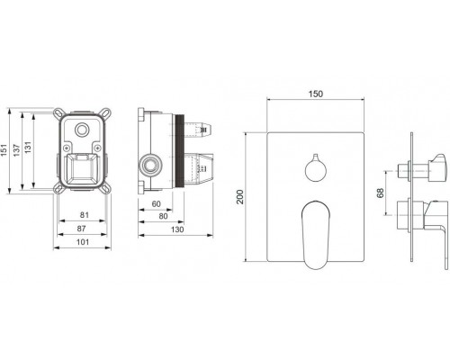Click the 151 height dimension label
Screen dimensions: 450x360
(x=4, y=150)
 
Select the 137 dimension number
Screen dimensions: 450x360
(x=16, y=150)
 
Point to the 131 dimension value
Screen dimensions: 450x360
(x=28, y=148)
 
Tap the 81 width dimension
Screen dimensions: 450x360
(x=85, y=215)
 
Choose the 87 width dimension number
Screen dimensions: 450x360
(x=81, y=229)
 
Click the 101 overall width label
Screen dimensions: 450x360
(x=83, y=242)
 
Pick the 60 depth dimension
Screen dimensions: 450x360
(x=156, y=204)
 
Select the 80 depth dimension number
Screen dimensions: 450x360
(x=163, y=216)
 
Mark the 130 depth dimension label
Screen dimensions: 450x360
(x=177, y=229)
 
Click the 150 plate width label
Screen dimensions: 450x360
(x=316, y=94)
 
